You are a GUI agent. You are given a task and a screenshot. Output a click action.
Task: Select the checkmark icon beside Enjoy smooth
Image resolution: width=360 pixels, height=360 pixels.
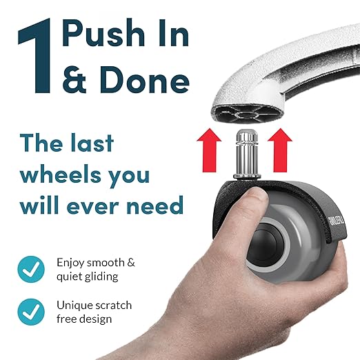point(30,270)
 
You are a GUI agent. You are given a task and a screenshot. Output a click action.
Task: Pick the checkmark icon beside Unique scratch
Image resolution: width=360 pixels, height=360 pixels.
point(30,312)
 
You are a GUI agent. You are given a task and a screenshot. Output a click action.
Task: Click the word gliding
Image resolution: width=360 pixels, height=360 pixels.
point(98,277)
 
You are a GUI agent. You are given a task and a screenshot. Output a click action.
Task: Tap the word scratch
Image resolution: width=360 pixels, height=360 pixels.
point(112,305)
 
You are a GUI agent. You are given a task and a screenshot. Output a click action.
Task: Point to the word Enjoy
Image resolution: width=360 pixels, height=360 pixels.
point(71,263)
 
